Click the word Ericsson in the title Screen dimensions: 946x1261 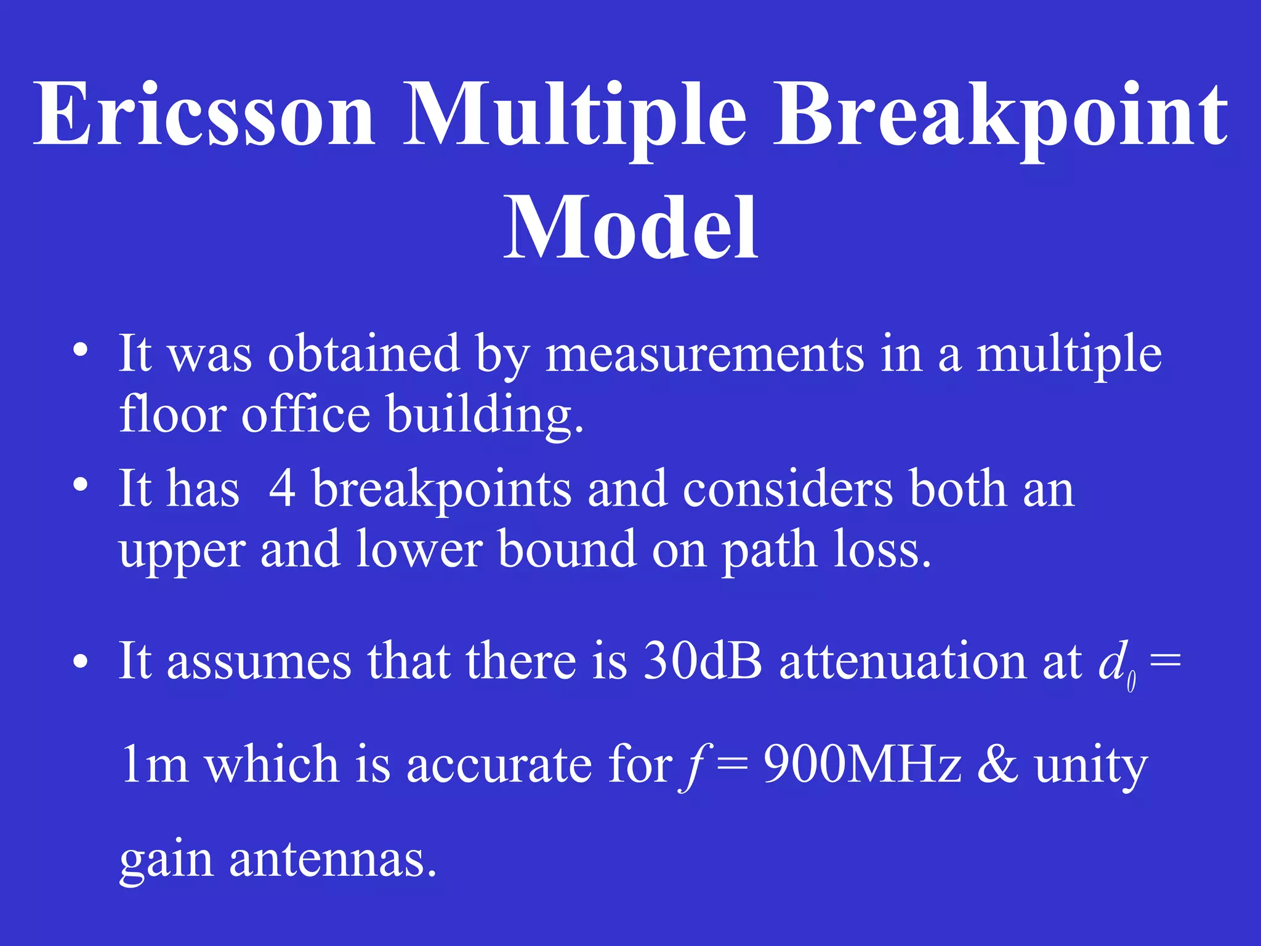tap(204, 114)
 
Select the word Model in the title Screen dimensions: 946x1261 tap(630, 228)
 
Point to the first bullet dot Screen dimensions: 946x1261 tap(80, 352)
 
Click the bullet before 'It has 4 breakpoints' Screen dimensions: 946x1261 tap(80, 486)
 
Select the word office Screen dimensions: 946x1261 tap(306, 414)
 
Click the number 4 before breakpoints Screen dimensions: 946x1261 tap(283, 488)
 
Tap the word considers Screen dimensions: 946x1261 tap(788, 488)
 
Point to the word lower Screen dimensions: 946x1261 tap(419, 549)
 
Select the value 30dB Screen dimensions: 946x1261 tap(703, 661)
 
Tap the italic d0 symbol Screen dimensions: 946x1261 tap(1116, 665)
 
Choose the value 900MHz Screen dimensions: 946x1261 tap(862, 764)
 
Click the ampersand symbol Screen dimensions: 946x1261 tap(997, 764)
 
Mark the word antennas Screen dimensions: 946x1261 tap(333, 859)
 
